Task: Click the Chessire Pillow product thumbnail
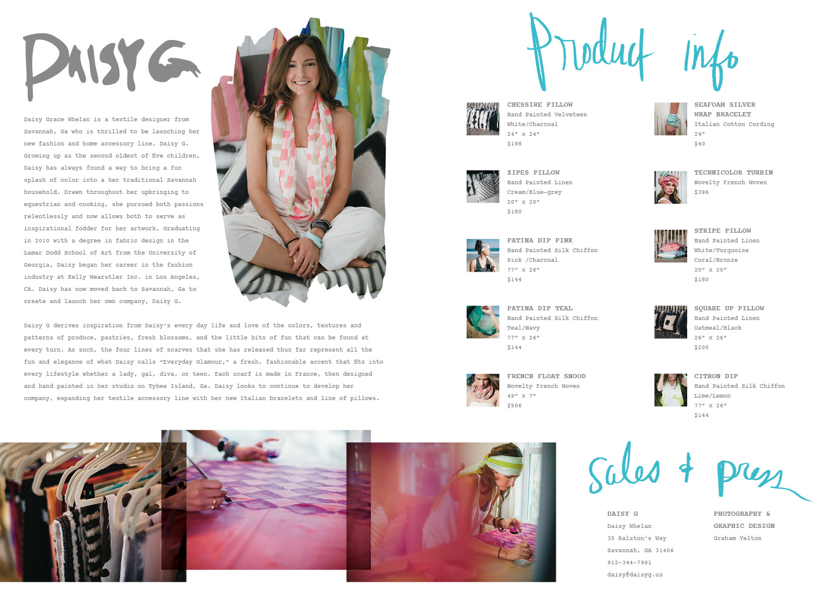tap(482, 119)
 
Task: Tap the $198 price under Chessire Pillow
tap(514, 144)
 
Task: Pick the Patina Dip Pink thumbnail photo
tap(482, 255)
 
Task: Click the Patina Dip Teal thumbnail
tap(482, 322)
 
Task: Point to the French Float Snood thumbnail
tap(482, 390)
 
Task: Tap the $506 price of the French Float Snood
tap(514, 406)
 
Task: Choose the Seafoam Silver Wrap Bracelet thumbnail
tap(670, 119)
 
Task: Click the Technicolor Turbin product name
tap(733, 173)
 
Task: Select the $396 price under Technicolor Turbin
tap(701, 192)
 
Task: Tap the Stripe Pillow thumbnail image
tap(670, 245)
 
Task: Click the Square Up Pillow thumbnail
tap(670, 322)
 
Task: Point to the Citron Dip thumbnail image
tap(670, 390)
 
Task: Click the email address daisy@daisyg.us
tap(634, 575)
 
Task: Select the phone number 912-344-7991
tap(629, 563)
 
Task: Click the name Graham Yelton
tap(737, 538)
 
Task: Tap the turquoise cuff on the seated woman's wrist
tap(313, 239)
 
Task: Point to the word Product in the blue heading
tap(591, 51)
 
